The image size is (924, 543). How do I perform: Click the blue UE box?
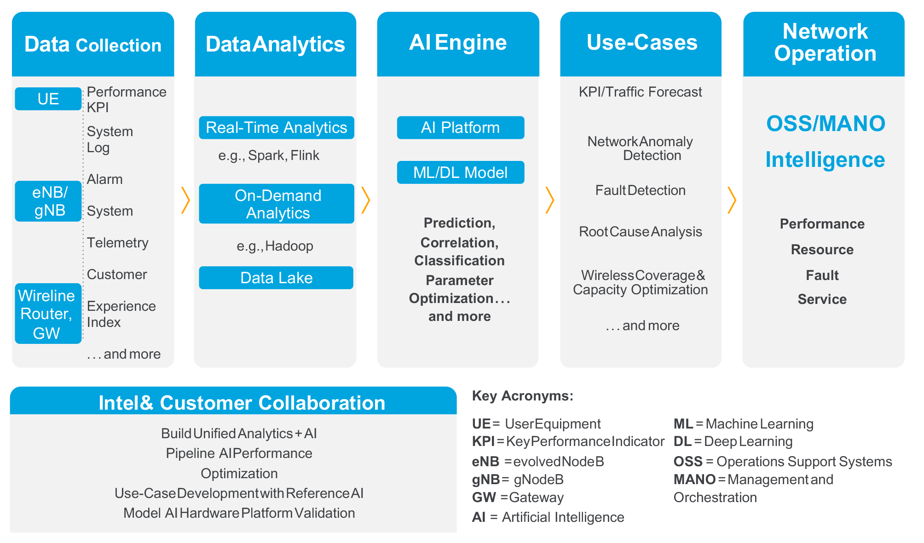(48, 99)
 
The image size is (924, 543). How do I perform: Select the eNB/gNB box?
(48, 201)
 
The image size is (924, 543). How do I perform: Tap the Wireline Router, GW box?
(48, 314)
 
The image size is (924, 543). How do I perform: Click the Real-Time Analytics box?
(276, 127)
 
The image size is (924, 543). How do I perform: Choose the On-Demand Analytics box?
(276, 204)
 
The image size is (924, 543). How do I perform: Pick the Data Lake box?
(276, 278)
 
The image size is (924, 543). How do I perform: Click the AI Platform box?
(460, 127)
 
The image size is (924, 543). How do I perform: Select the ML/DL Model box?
(460, 172)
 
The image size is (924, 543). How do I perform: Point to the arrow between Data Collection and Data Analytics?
(185, 200)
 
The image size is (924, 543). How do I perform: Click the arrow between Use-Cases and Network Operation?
(732, 200)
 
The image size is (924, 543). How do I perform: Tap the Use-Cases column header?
(641, 43)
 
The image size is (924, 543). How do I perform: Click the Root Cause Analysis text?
(640, 232)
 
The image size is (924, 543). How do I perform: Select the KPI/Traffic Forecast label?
(640, 92)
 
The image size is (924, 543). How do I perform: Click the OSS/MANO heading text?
(825, 124)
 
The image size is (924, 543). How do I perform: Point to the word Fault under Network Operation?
(822, 275)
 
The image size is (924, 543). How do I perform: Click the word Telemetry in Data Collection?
(117, 243)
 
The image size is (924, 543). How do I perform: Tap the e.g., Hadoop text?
(275, 246)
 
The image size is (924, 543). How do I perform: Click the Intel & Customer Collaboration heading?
(242, 403)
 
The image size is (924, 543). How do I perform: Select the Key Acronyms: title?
(522, 396)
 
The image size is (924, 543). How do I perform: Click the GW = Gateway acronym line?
(518, 497)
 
